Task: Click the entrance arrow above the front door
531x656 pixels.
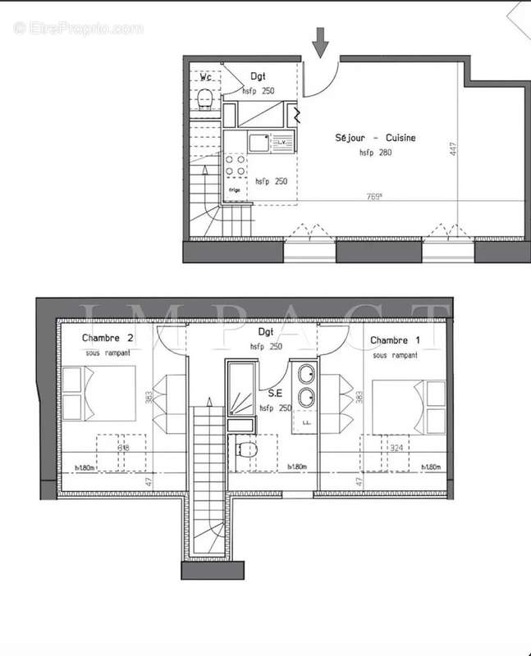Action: (320, 42)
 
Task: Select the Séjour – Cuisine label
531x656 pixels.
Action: (374, 138)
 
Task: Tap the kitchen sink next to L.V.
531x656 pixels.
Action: (259, 143)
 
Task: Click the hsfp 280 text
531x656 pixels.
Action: (375, 153)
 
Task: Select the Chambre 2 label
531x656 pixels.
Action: (108, 339)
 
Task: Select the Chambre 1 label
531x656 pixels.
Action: (395, 339)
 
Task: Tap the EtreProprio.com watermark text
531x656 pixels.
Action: (79, 28)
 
